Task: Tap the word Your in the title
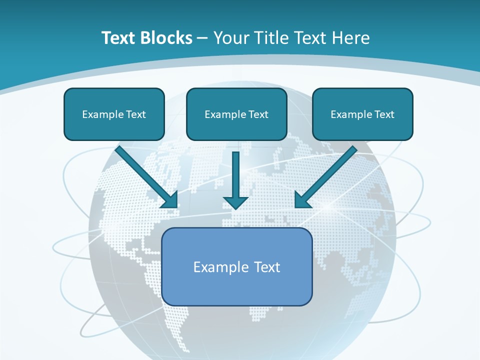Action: (232, 38)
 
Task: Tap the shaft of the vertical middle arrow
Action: (236, 172)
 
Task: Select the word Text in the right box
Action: (384, 114)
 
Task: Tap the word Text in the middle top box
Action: (258, 114)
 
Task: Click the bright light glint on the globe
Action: (327, 206)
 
